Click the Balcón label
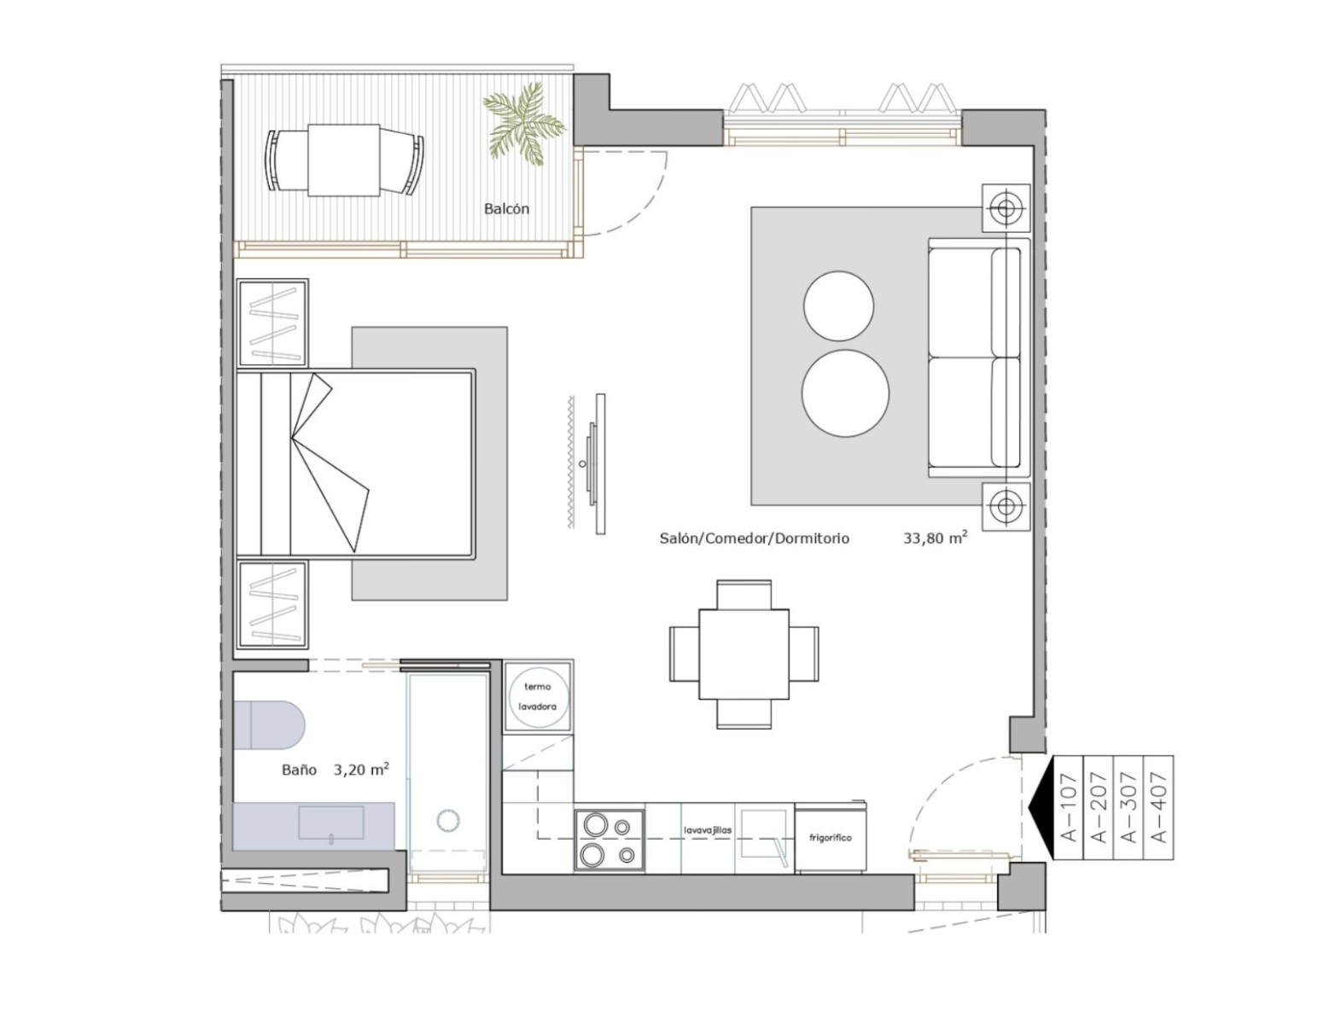506,209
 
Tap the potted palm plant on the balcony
523,125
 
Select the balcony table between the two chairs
343,160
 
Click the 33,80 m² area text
936,538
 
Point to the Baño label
300,770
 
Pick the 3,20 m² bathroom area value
361,769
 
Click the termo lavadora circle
538,696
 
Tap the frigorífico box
831,837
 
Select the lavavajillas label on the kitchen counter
709,830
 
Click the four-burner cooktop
609,840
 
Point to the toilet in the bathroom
269,724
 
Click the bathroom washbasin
331,823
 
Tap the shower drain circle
450,820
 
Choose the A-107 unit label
1068,807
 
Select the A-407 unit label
1159,807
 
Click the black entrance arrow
1041,807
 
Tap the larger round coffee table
845,393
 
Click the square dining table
744,654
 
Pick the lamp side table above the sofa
1006,208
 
